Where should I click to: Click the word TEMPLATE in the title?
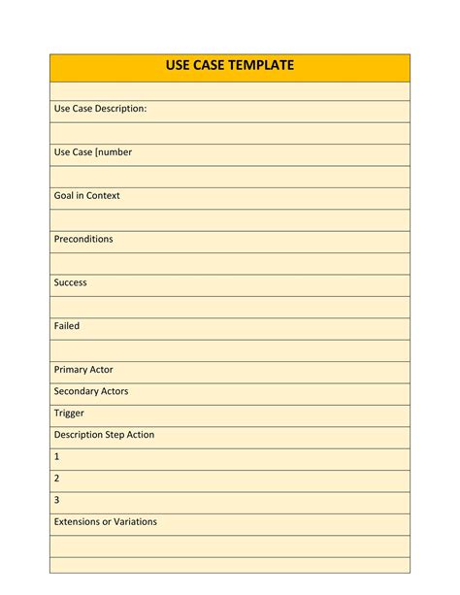257,66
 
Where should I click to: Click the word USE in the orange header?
181,66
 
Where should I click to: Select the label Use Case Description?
101,109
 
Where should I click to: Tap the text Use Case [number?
93,152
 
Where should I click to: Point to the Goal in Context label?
87,196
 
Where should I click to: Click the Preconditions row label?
83,239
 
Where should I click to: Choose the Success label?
71,282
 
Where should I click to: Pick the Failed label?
67,326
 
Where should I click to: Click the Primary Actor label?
83,370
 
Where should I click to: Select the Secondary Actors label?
91,391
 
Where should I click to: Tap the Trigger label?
69,413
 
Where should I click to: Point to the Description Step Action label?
104,435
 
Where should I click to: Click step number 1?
57,456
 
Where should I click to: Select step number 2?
57,479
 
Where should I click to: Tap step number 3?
57,500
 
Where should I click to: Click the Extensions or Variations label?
105,521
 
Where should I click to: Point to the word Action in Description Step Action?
139,435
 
